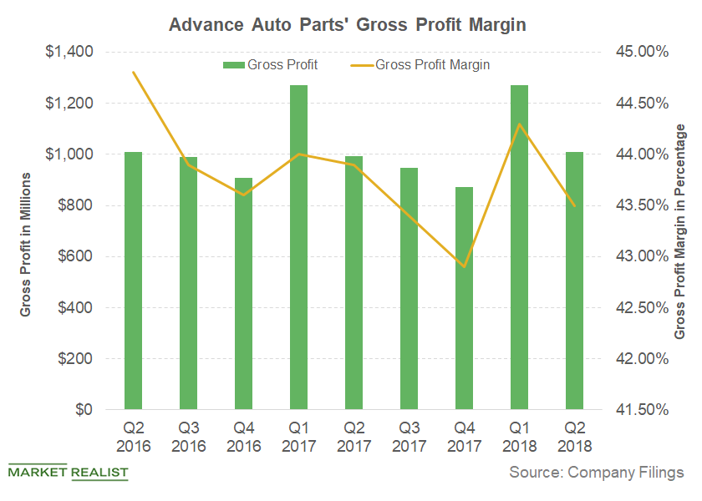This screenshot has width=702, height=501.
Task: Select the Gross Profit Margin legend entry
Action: coord(425,63)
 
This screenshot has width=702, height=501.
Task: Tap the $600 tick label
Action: coord(74,256)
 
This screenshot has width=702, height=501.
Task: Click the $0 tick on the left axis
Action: coord(82,410)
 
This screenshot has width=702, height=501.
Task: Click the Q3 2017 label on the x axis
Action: coord(409,436)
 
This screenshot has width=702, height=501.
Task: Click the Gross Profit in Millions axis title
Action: coord(26,244)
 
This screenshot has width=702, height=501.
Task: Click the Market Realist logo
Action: coord(68,473)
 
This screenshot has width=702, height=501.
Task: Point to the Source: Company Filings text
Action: coord(597,473)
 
